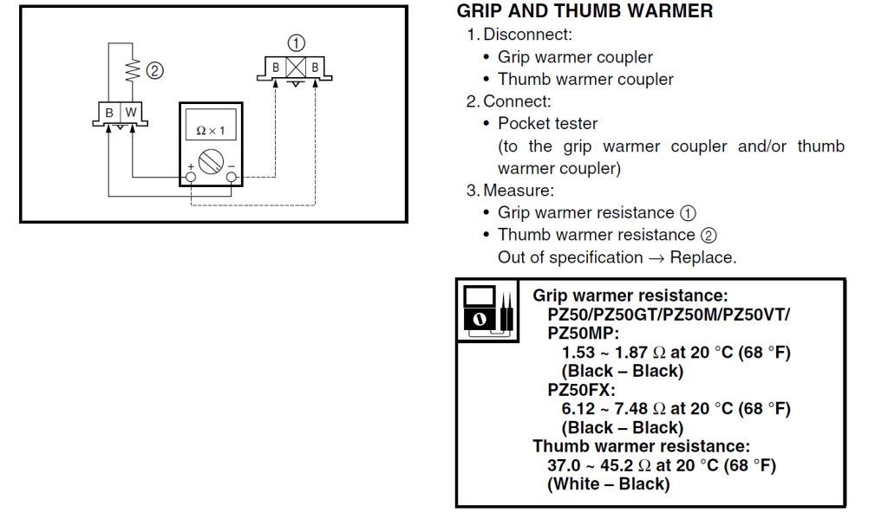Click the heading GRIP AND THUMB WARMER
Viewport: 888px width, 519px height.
(x=584, y=11)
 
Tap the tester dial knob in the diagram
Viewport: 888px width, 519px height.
(x=212, y=161)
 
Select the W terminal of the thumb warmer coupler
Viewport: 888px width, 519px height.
(x=130, y=113)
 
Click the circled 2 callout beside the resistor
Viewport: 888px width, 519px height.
(x=155, y=71)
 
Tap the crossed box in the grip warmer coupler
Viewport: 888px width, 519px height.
(x=296, y=67)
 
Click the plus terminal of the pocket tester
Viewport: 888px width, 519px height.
(x=191, y=178)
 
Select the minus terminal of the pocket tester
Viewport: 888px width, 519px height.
(x=232, y=178)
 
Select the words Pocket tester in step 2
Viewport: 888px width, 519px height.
(x=547, y=124)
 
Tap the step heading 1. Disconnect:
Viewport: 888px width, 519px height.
(x=519, y=35)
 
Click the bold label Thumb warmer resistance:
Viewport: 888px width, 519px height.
(x=641, y=446)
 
